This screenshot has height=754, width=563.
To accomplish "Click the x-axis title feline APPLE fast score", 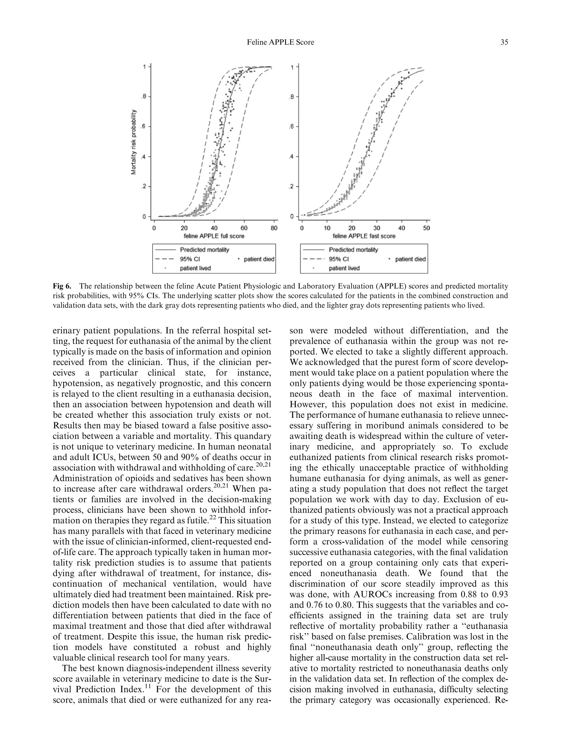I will pyautogui.click(x=364, y=236).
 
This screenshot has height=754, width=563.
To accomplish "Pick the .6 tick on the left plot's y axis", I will pyautogui.click(x=144, y=127).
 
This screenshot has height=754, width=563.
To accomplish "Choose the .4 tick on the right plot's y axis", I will pyautogui.click(x=291, y=157).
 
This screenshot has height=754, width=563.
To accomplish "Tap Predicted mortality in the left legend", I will pyautogui.click(x=204, y=250).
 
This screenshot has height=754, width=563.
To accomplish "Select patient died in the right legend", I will pyautogui.click(x=410, y=259).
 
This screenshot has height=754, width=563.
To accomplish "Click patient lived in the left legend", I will pyautogui.click(x=195, y=268).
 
